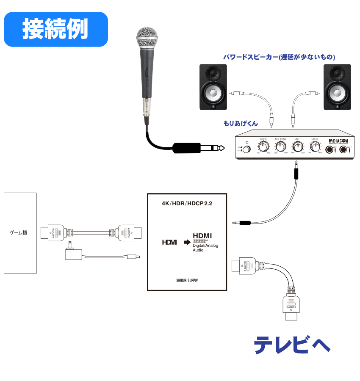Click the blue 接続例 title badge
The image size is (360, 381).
55,29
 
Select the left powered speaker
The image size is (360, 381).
213,87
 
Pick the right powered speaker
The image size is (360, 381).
337,87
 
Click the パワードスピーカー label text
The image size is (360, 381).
280,57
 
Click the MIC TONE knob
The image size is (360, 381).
280,147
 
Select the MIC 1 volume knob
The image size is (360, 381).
298,147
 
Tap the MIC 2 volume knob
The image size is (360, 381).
315,147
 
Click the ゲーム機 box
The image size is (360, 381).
20,233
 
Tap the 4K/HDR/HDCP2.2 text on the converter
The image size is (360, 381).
187,203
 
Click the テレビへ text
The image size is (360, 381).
292,345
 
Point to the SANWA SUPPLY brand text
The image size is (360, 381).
187,280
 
